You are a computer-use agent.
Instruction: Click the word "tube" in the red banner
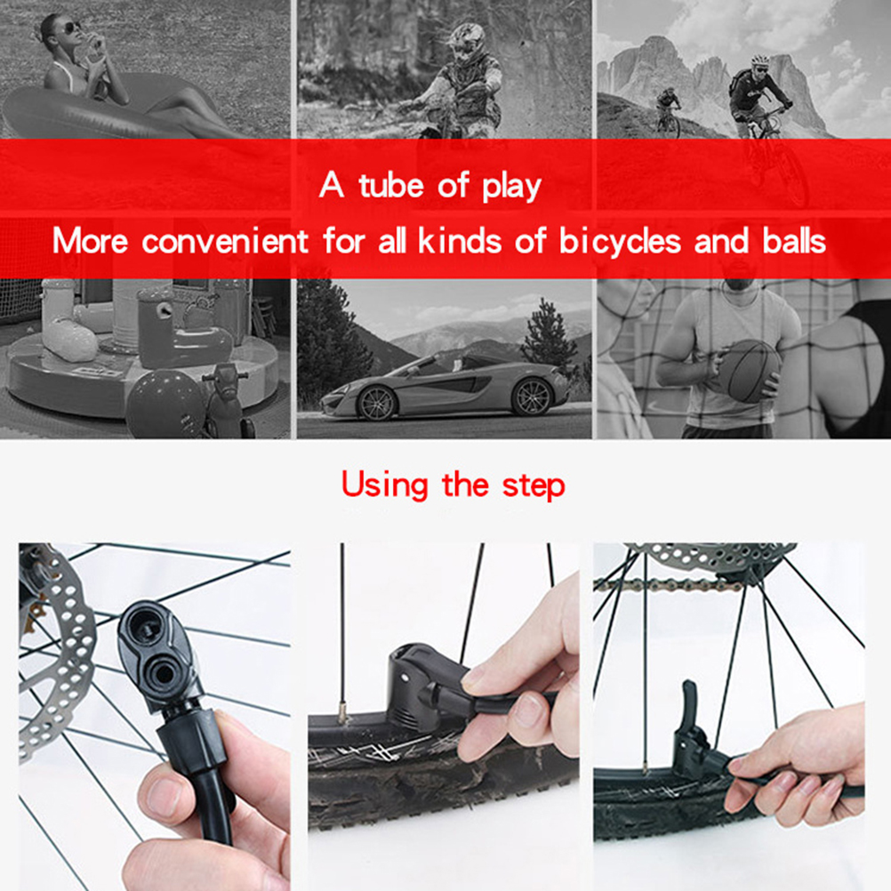392,185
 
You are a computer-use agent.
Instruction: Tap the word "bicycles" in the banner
620,241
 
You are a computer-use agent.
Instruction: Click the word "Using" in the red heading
385,486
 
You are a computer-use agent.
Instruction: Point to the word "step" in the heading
534,487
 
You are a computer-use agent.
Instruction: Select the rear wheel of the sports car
532,395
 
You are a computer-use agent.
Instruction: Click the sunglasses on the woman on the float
72,28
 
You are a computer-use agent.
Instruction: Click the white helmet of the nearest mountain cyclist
760,59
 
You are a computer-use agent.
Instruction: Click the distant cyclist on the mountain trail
669,111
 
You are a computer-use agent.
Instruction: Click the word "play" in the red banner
511,187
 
